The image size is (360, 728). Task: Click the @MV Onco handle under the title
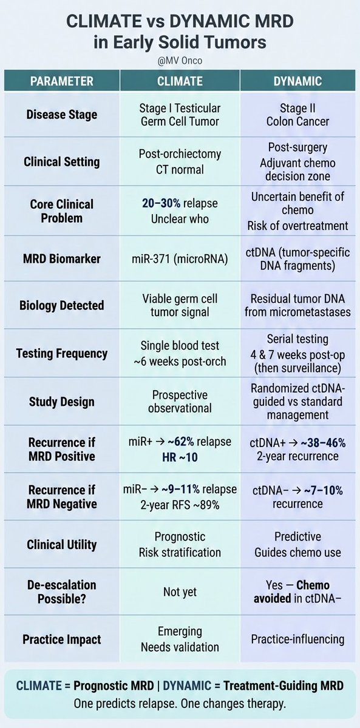[180, 61]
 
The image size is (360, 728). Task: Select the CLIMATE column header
[180, 81]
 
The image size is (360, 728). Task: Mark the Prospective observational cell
[180, 402]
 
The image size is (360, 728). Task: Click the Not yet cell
[180, 592]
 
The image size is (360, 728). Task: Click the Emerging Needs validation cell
[180, 638]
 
